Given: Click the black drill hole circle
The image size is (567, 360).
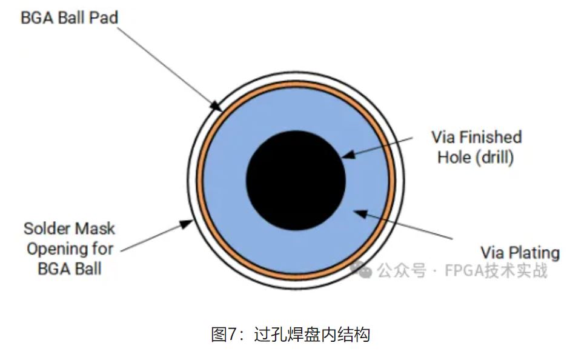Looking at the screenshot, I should (x=296, y=181).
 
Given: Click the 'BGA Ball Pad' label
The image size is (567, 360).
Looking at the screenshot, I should (x=69, y=17).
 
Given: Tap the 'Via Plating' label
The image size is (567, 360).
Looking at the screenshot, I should (x=520, y=252).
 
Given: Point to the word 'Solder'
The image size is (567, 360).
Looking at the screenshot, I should (x=47, y=228).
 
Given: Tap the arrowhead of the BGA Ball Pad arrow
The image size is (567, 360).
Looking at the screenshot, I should (x=216, y=107).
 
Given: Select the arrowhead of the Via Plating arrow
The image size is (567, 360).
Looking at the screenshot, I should (x=357, y=212).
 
